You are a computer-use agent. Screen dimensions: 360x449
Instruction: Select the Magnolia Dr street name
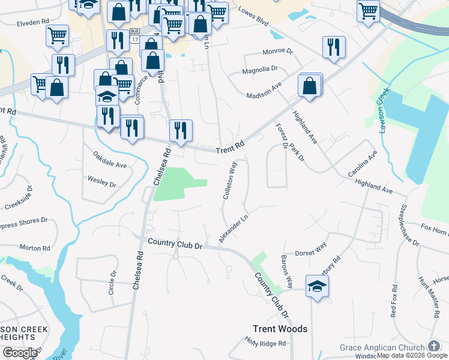(x=260, y=70)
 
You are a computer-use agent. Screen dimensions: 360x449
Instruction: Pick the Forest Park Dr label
(x=291, y=143)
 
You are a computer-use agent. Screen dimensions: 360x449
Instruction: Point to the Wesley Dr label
(x=101, y=181)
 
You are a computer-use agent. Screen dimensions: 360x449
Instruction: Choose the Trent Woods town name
(x=280, y=329)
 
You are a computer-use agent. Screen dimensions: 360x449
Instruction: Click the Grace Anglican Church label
(x=382, y=347)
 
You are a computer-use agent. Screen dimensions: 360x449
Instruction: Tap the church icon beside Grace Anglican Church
(x=434, y=347)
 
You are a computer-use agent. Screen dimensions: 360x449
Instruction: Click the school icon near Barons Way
(x=317, y=286)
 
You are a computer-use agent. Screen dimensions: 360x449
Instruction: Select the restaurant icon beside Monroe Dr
(x=334, y=47)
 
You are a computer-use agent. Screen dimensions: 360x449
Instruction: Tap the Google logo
(x=20, y=353)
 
